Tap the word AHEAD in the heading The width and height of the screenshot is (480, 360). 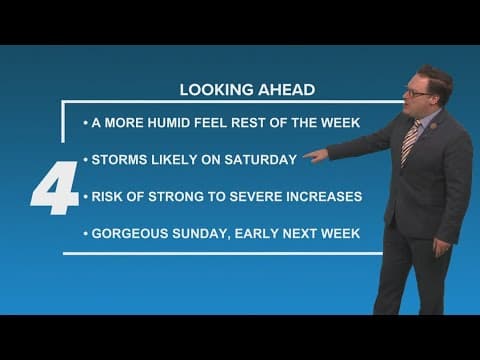(x=288, y=89)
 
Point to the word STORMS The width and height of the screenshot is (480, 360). (x=117, y=159)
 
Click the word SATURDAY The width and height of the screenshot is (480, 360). (x=261, y=159)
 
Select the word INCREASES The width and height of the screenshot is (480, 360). (x=322, y=196)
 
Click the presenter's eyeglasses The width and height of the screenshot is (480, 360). (x=417, y=92)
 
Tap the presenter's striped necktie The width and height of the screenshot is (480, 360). (x=410, y=140)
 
